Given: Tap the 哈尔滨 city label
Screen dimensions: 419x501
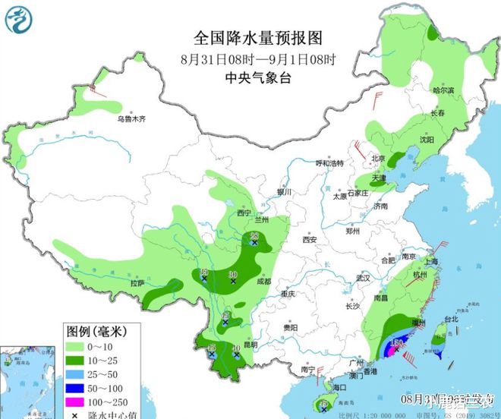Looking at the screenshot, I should point(443,90).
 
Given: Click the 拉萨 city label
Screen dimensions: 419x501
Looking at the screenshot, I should point(137,282).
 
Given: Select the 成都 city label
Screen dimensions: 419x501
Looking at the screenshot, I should point(263,280).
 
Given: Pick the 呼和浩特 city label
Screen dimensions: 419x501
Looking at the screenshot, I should point(329,163).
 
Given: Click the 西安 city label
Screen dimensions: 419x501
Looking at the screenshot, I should point(309,239).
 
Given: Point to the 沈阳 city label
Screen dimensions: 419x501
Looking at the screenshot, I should point(427,140).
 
